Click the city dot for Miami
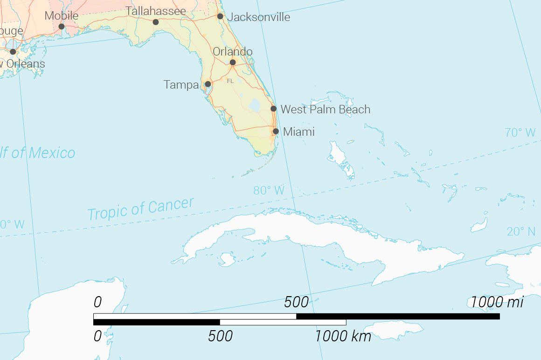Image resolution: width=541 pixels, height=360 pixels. [x=276, y=132]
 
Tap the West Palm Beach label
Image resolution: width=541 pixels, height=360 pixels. [x=325, y=110]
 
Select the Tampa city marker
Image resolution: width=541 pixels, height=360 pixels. [x=208, y=84]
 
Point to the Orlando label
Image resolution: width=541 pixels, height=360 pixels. [x=233, y=52]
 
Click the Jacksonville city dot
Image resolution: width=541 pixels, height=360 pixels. [x=220, y=16]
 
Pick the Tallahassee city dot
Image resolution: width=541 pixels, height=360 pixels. [x=156, y=22]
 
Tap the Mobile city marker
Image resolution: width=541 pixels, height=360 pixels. [x=62, y=27]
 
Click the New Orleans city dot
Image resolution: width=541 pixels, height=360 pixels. [x=13, y=52]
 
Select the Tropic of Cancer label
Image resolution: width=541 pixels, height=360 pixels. [x=140, y=208]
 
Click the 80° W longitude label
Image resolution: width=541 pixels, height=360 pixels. [x=269, y=190]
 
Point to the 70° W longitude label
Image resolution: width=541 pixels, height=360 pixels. [x=520, y=133]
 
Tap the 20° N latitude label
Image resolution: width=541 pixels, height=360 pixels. [x=521, y=232]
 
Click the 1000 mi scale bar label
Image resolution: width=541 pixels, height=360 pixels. [x=497, y=302]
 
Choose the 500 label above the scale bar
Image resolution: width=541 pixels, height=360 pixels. [x=297, y=302]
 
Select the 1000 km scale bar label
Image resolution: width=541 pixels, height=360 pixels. [x=343, y=336]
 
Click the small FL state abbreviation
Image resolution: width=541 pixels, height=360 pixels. [x=230, y=81]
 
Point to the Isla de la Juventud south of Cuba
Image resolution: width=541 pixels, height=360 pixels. [x=228, y=259]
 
